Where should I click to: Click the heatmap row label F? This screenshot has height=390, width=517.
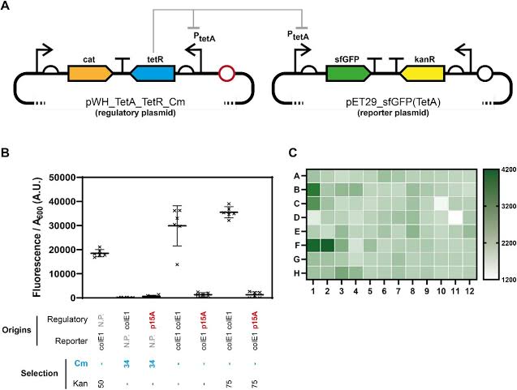[x=299, y=245]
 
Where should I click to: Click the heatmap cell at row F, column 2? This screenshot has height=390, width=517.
[x=327, y=245]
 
